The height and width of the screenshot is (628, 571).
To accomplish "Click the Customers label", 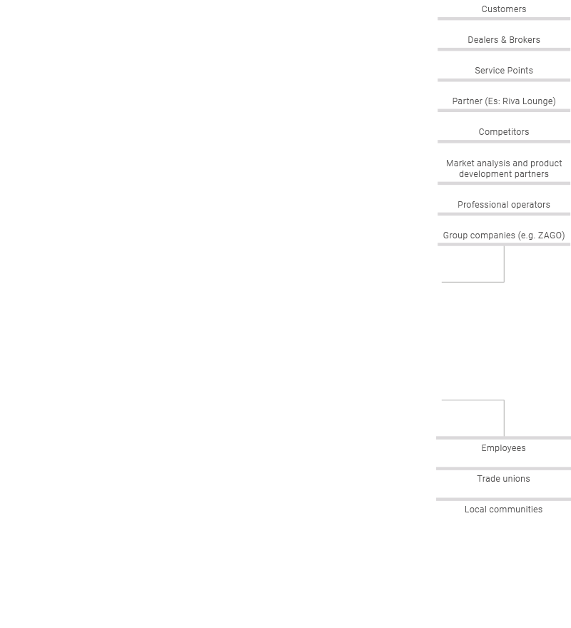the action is point(504,9).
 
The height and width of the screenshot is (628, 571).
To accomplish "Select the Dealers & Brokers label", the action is point(504,40).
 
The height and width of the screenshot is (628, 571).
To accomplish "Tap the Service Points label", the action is point(504,71).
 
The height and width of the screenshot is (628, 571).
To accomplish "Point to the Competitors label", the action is point(504,132).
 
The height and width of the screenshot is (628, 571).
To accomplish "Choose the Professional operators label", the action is point(504,205).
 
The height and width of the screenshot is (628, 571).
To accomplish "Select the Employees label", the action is point(503,448).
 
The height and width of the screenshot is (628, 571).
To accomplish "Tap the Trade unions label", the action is point(503,479).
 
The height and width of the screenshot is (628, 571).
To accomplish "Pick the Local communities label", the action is point(503,510).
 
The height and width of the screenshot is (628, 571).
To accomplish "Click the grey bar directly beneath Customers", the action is point(504,19).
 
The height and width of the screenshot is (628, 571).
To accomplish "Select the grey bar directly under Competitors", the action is point(504,141).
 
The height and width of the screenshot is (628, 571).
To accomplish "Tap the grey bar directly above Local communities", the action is point(503,500).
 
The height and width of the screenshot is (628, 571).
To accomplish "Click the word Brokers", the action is point(525,40).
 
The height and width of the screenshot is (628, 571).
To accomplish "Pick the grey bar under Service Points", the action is point(504,80).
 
